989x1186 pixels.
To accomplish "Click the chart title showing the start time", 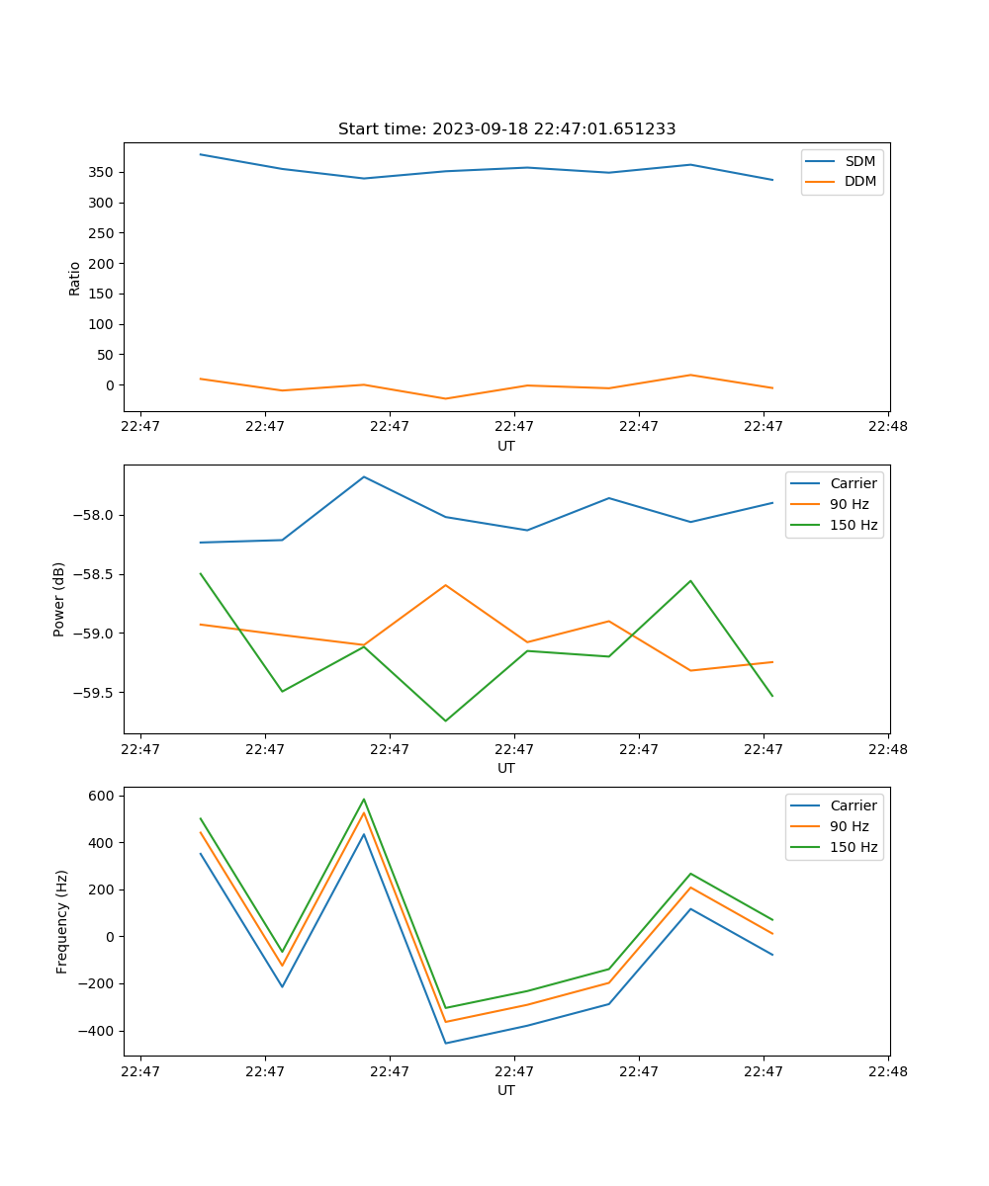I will (506, 129).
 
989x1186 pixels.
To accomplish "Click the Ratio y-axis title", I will (75, 278).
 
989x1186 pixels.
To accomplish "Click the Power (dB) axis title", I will (60, 599).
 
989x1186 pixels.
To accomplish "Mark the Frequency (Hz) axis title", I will (62, 921).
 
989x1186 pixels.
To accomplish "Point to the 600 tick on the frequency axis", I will (103, 796).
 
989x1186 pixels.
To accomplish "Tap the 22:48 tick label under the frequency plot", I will (888, 1070).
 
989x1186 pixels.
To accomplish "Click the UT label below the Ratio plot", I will (506, 446).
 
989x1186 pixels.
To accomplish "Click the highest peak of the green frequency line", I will (364, 800).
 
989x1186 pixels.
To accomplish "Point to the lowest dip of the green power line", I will (445, 720).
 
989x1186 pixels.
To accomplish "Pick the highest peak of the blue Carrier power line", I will (364, 476).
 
